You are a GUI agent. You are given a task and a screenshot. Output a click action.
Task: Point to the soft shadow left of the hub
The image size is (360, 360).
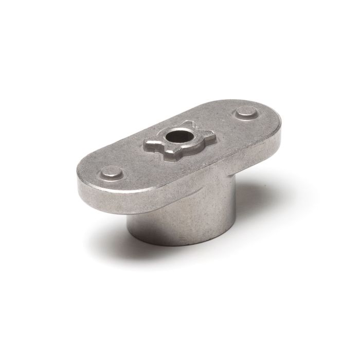pyautogui.click(x=111, y=226)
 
